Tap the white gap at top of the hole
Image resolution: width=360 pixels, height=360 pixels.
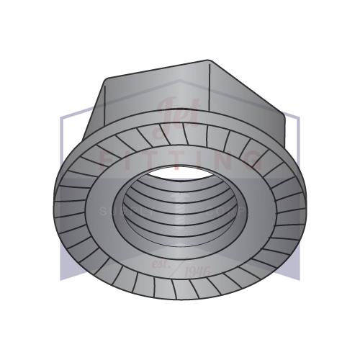coord(180,171)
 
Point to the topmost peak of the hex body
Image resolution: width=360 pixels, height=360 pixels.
coord(208,60)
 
